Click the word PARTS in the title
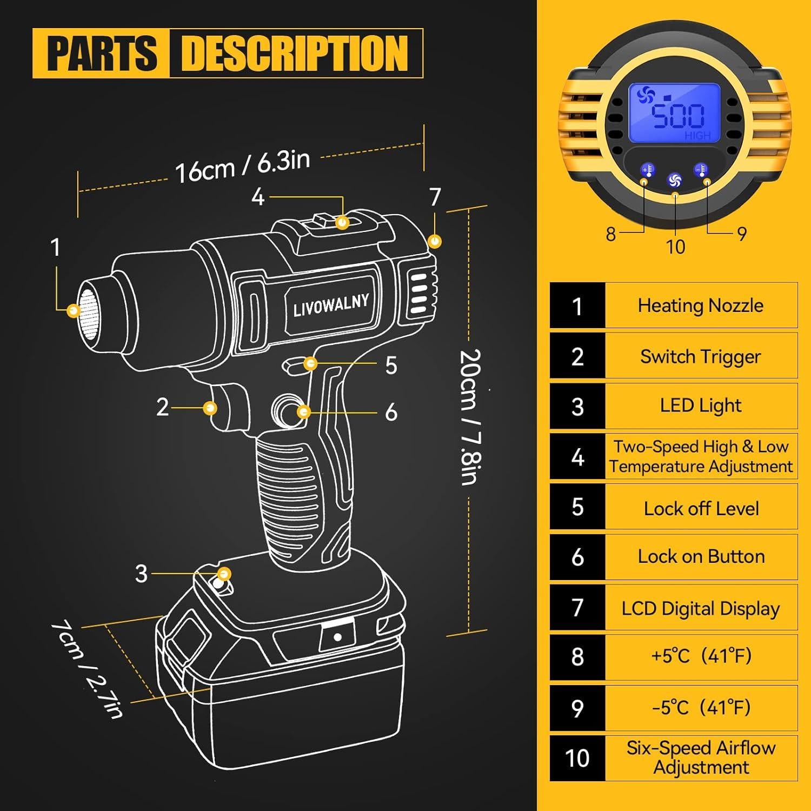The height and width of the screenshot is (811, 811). tap(102, 53)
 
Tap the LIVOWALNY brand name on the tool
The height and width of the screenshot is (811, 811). tap(331, 305)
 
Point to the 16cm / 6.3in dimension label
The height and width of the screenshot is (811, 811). tap(242, 165)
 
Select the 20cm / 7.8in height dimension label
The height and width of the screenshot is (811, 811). tap(469, 416)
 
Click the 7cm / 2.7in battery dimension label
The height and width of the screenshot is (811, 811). tap(87, 669)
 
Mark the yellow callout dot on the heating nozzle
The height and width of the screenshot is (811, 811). tap(72, 310)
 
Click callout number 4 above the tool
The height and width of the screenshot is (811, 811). tap(258, 197)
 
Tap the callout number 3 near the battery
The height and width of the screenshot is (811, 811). tap(141, 574)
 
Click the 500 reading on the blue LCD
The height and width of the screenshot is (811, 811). tap(678, 116)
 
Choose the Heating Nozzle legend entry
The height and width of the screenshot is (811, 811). tap(700, 305)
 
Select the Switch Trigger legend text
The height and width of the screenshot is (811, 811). tap(700, 357)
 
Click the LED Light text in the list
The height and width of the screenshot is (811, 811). tap(701, 406)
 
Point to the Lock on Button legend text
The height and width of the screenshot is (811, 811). tap(701, 557)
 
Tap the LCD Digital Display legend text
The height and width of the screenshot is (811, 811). tap(700, 608)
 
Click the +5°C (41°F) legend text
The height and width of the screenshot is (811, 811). tap(701, 656)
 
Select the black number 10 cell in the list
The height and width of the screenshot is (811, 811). tap(577, 758)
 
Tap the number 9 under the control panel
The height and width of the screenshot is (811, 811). tap(742, 234)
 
